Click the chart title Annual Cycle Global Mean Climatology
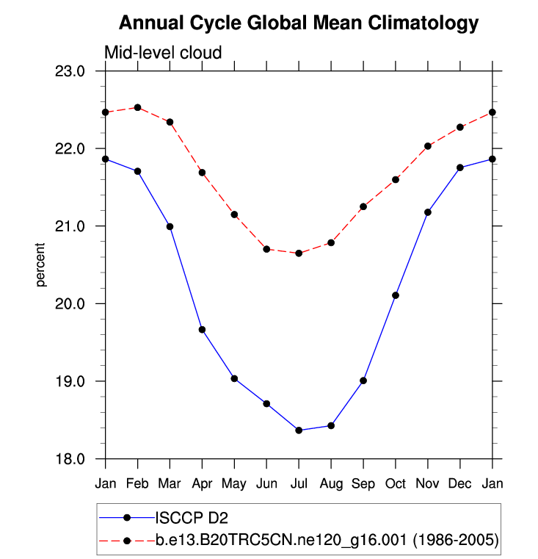(299, 23)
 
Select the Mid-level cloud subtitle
(163, 53)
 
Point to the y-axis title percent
(42, 265)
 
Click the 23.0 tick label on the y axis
(71, 71)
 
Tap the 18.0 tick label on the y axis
(71, 459)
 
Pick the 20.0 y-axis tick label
(71, 304)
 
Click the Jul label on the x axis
(299, 483)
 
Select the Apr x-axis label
(202, 483)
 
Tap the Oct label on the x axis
(396, 483)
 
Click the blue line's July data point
(299, 430)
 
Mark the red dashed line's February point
(138, 107)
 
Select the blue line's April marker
(202, 330)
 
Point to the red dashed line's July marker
(299, 253)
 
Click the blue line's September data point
(363, 381)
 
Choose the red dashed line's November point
(428, 146)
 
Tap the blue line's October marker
(396, 295)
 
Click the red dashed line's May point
(234, 214)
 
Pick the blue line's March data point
(170, 226)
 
